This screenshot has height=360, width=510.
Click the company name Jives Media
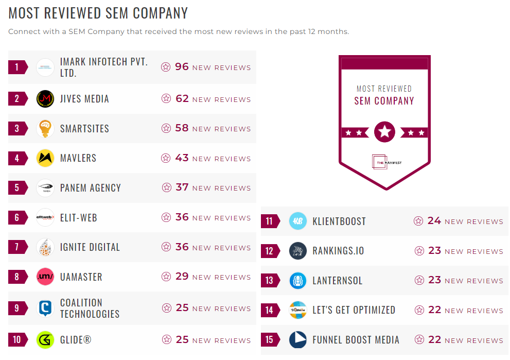pyautogui.click(x=84, y=99)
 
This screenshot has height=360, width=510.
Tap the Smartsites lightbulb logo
pyautogui.click(x=45, y=128)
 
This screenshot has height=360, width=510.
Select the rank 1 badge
pyautogui.click(x=17, y=67)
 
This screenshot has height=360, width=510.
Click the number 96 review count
pyautogui.click(x=182, y=67)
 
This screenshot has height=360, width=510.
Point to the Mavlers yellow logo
pyautogui.click(x=45, y=158)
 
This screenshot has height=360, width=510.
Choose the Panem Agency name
pyautogui.click(x=90, y=188)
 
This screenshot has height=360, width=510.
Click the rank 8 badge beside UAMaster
pyautogui.click(x=17, y=277)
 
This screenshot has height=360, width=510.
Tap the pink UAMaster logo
pyautogui.click(x=45, y=277)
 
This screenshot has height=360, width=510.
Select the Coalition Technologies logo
pyautogui.click(x=45, y=308)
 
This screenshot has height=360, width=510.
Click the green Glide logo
pyautogui.click(x=45, y=340)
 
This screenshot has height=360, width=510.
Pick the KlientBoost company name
pyautogui.click(x=339, y=221)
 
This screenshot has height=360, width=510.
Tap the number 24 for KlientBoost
pyautogui.click(x=434, y=221)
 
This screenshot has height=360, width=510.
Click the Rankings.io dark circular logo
pyautogui.click(x=298, y=251)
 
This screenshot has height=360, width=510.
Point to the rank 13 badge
pyautogui.click(x=270, y=281)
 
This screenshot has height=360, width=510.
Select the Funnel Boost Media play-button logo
pyautogui.click(x=298, y=340)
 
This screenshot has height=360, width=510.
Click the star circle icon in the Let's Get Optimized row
pyautogui.click(x=418, y=311)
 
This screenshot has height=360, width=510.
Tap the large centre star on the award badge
pyautogui.click(x=384, y=132)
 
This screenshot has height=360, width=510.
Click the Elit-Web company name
pyautogui.click(x=78, y=218)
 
